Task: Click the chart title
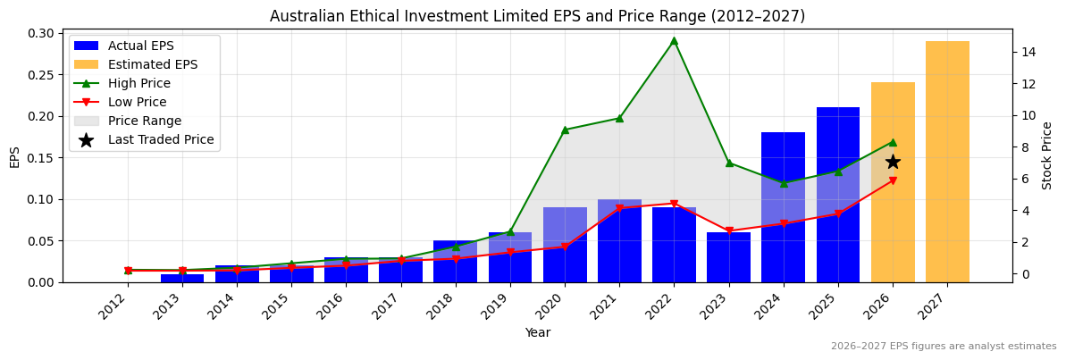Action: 537,16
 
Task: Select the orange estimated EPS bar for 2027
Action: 947,161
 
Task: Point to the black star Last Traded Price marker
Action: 893,162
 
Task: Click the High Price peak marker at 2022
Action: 674,40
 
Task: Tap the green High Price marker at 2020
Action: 565,130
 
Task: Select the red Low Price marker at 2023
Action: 729,230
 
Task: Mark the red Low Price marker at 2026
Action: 893,180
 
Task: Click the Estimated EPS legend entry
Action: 152,64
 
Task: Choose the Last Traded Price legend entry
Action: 160,139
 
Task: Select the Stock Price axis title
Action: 1047,155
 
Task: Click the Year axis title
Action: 537,332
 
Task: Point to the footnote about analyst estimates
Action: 944,347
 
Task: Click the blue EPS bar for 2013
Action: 182,279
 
